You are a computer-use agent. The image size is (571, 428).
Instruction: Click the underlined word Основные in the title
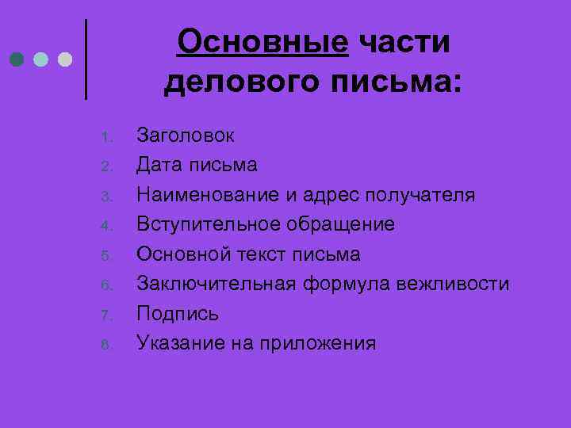pyautogui.click(x=263, y=42)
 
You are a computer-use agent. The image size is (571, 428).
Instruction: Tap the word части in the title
pyautogui.click(x=404, y=42)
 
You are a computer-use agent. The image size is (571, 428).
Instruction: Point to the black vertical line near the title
pyautogui.click(x=86, y=59)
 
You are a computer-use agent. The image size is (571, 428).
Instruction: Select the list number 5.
pyautogui.click(x=109, y=255)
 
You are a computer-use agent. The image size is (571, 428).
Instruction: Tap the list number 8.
pyautogui.click(x=109, y=344)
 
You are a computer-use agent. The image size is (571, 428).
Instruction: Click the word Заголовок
pyautogui.click(x=185, y=136)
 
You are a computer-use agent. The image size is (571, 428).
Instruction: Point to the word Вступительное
pyautogui.click(x=209, y=224)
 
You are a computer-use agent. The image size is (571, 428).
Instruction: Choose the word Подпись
pyautogui.click(x=178, y=314)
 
